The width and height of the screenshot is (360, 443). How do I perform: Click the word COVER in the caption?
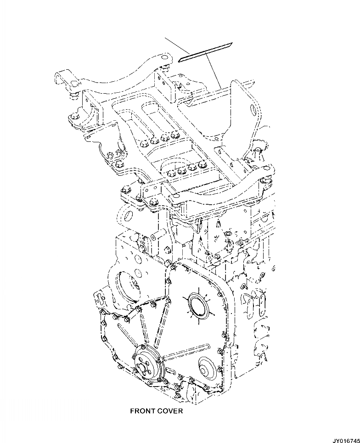(169, 411)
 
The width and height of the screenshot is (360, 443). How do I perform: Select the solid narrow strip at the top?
(206, 51)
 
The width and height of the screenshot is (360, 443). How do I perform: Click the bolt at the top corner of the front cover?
(173, 266)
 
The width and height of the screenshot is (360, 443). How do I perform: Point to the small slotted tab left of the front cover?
(97, 298)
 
